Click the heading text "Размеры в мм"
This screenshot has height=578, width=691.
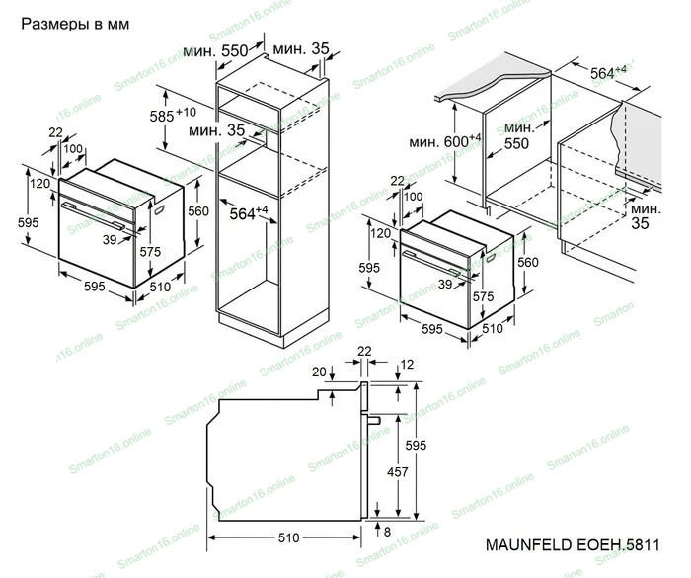(75, 24)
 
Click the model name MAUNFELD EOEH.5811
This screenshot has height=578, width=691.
(573, 545)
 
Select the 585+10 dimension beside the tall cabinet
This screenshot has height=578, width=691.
(173, 116)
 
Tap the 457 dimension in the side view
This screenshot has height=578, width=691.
(397, 472)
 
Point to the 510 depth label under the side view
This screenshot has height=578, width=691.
(288, 537)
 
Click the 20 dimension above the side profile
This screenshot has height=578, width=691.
(319, 372)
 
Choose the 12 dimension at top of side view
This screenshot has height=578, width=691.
(407, 365)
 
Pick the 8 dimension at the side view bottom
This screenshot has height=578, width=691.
(387, 532)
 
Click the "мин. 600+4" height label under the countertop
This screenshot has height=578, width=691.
(445, 141)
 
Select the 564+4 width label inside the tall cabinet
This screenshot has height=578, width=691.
(249, 213)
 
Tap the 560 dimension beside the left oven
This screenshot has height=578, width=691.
(198, 211)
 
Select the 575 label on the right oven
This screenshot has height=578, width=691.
(483, 296)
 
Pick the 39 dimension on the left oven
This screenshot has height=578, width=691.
(110, 239)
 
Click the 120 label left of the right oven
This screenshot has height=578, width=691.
(380, 233)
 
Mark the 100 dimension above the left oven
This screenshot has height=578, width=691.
(73, 148)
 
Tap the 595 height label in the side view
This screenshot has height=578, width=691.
(416, 446)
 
